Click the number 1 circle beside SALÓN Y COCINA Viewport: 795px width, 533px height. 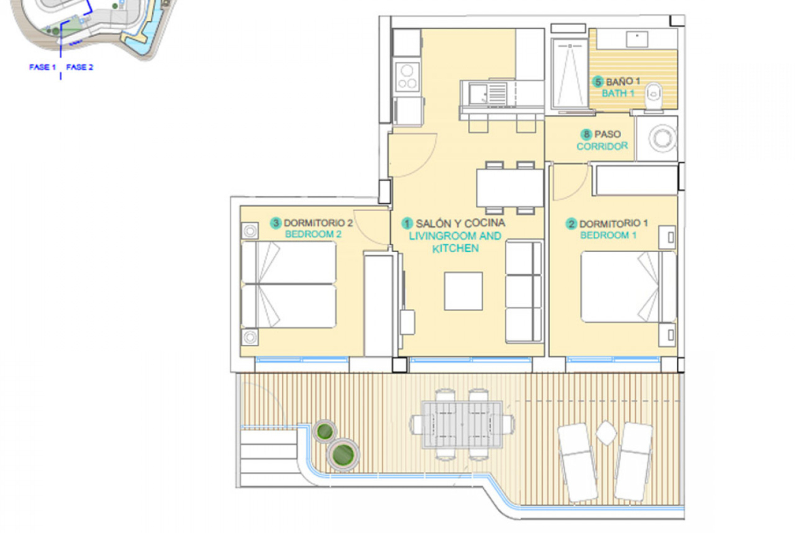[x=406, y=223]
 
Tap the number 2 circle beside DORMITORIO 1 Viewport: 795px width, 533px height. [x=571, y=224]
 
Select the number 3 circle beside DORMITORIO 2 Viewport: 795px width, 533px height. [x=276, y=223]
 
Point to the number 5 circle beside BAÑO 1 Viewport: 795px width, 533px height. [x=598, y=81]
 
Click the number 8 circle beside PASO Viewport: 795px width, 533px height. [x=586, y=134]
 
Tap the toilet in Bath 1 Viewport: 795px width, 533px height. [x=654, y=96]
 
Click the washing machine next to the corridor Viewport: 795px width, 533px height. [x=656, y=139]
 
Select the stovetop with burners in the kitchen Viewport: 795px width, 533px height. [x=407, y=76]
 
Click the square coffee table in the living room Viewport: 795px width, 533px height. [x=463, y=291]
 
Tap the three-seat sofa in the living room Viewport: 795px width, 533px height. [x=525, y=291]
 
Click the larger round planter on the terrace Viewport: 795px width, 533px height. [x=342, y=454]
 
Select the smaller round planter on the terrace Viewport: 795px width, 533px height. [x=325, y=432]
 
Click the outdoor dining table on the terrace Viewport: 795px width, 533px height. [x=463, y=424]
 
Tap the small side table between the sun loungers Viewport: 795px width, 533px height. [x=606, y=433]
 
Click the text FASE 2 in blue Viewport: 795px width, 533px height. [x=79, y=67]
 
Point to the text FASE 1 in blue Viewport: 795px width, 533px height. [x=43, y=67]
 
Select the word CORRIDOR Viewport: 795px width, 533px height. [x=602, y=147]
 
